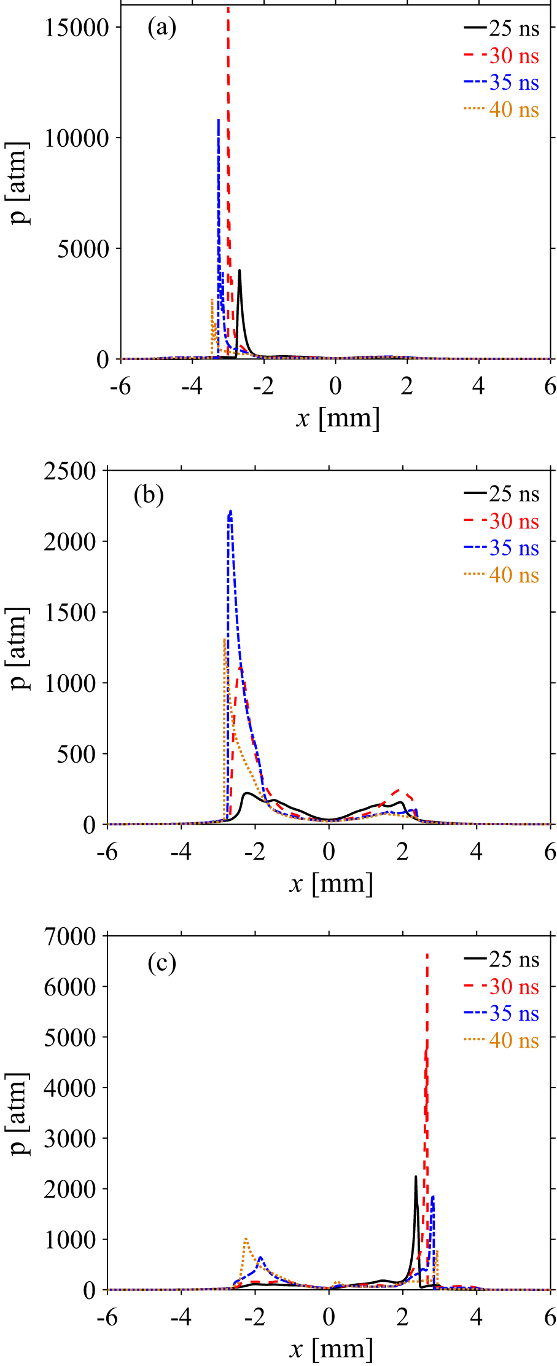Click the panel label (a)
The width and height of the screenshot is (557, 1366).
click(162, 28)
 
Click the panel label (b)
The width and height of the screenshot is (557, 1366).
click(149, 495)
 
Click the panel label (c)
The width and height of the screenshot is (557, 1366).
click(162, 963)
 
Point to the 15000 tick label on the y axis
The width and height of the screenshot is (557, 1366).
click(76, 27)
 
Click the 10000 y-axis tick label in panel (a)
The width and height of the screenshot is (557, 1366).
click(76, 138)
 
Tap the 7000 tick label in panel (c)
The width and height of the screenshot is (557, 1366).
click(70, 936)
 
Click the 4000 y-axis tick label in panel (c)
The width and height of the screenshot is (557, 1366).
click(70, 1088)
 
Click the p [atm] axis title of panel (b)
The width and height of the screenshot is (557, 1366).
click(20, 648)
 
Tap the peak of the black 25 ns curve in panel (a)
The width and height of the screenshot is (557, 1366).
click(240, 270)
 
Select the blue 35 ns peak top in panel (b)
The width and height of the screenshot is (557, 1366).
click(230, 511)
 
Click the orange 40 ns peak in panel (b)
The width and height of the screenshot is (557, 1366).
click(225, 639)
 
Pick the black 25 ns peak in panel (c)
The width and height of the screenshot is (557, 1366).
click(416, 1177)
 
